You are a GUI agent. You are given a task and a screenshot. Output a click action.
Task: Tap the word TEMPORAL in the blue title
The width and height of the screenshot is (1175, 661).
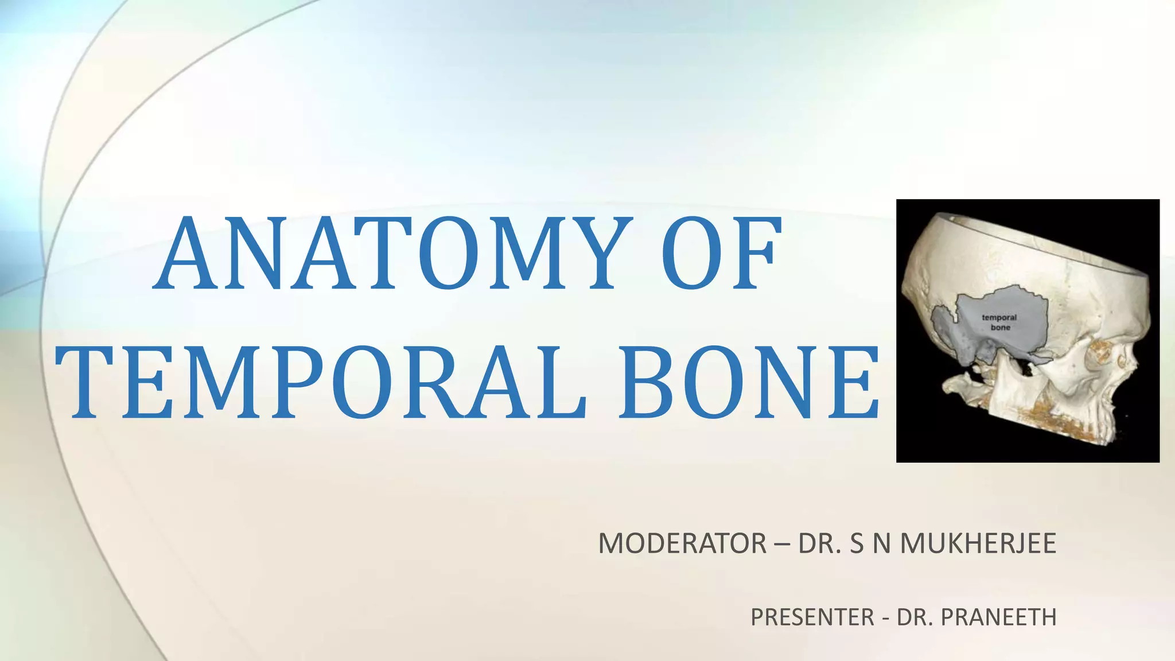coord(321,382)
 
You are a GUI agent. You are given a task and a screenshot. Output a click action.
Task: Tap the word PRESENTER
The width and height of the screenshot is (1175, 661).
coord(812,617)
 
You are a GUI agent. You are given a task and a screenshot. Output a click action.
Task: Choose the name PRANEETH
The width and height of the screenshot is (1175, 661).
coord(999,617)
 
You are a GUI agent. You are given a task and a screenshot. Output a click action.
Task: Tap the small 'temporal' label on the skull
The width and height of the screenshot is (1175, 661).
coord(999,317)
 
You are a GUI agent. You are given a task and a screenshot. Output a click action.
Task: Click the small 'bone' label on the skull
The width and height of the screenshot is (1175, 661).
coord(1000,328)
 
